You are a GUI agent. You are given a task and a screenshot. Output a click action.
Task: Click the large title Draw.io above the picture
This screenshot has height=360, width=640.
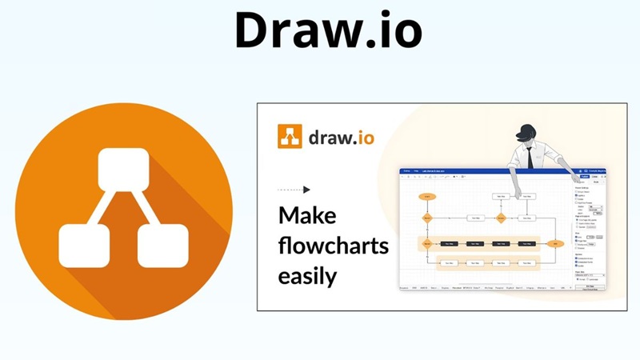[328, 30]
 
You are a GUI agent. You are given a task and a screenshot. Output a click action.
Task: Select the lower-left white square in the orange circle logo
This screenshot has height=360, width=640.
[84, 245]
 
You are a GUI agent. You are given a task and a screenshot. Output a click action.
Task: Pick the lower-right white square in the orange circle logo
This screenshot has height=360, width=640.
[162, 245]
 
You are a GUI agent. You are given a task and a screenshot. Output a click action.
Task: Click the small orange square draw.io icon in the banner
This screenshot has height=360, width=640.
[290, 136]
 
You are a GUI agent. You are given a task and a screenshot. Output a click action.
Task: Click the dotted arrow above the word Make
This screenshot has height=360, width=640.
[294, 190]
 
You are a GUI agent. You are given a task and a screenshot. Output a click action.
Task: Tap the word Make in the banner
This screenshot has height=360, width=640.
[307, 216]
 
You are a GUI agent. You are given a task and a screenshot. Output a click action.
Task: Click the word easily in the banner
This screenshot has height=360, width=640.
[307, 277]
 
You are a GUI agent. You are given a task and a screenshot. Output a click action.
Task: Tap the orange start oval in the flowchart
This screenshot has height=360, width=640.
[427, 195]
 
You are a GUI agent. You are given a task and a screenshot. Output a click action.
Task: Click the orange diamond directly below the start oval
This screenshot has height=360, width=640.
[427, 217]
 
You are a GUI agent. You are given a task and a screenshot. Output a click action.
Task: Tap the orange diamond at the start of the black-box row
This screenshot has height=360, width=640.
[427, 242]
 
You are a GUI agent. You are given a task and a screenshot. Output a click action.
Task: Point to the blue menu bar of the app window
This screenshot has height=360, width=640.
[480, 171]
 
